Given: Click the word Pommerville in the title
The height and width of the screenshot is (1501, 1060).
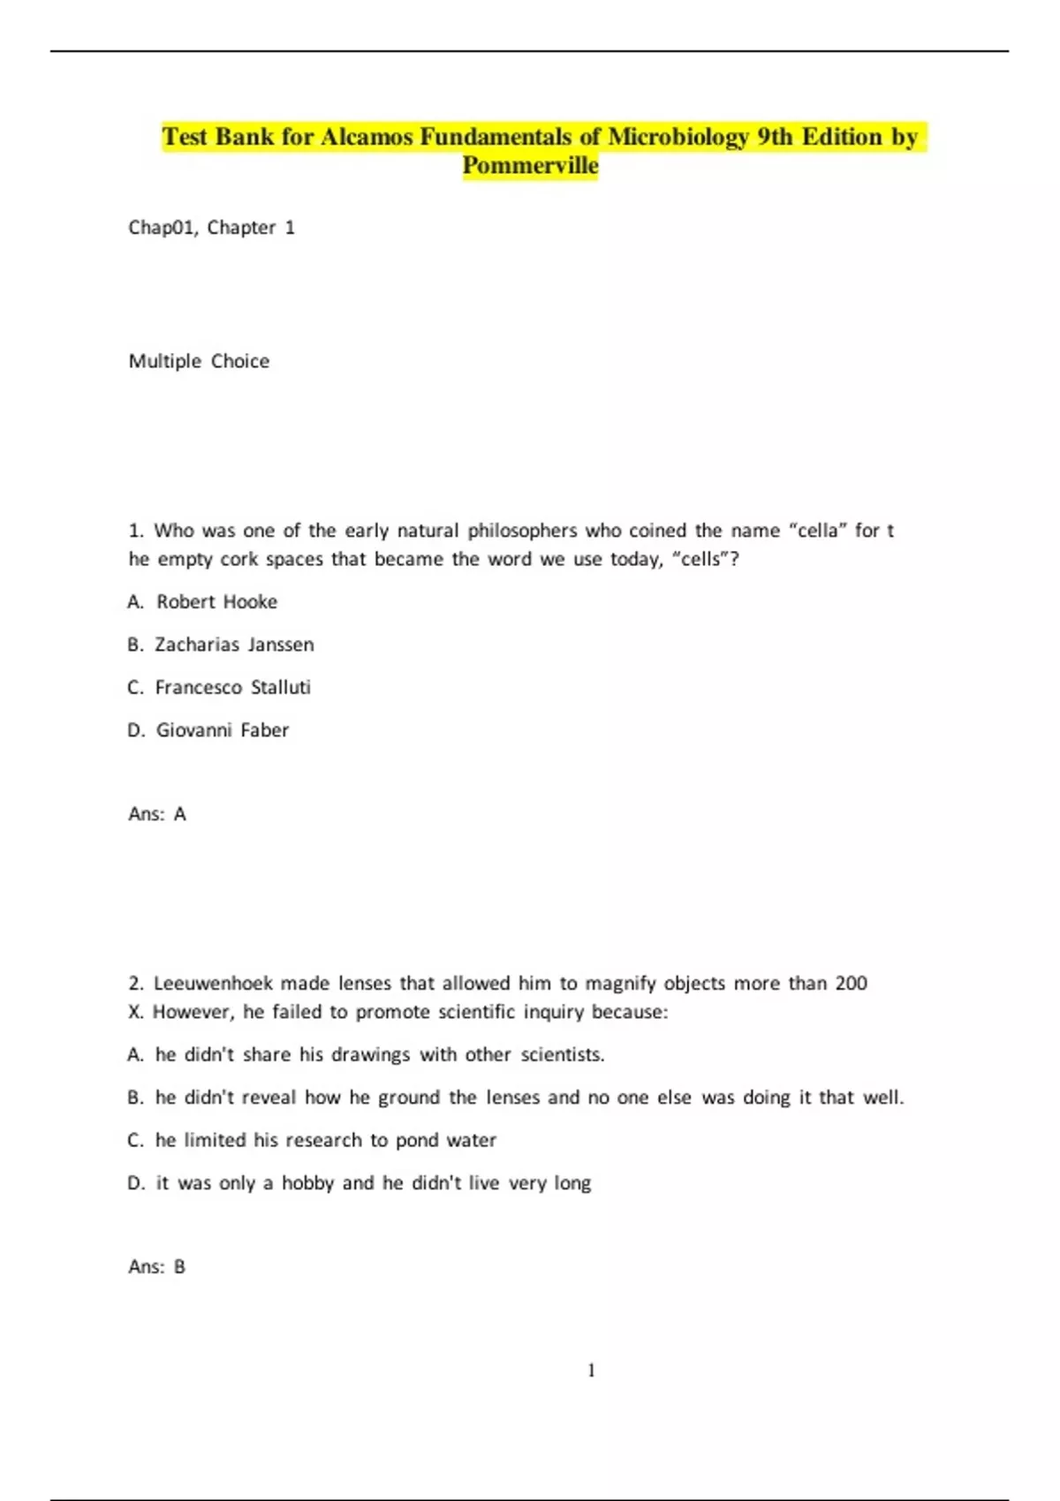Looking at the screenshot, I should click(x=530, y=166).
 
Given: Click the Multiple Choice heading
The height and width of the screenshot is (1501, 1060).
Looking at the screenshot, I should click(x=199, y=361).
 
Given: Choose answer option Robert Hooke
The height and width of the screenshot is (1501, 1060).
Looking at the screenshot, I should click(x=216, y=602).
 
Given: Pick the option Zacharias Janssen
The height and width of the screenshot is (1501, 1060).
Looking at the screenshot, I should click(x=234, y=645).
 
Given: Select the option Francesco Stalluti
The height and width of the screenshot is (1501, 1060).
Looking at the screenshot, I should click(x=232, y=688).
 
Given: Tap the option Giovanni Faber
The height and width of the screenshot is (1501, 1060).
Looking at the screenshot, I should click(x=222, y=730).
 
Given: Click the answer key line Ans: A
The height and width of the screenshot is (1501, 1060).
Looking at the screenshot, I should click(x=157, y=814).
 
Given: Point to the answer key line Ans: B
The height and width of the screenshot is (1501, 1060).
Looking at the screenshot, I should click(x=157, y=1267).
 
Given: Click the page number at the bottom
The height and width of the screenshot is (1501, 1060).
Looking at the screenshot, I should click(x=591, y=1370).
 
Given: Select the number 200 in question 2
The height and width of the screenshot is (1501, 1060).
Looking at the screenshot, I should click(x=851, y=984).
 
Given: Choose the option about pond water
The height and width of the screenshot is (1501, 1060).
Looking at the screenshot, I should click(x=325, y=1141).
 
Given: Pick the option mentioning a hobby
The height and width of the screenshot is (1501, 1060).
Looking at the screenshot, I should click(x=373, y=1183).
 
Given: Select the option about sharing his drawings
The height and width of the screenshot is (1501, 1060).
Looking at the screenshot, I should click(x=379, y=1055).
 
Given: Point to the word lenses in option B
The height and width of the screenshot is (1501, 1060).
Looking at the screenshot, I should click(x=512, y=1097).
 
